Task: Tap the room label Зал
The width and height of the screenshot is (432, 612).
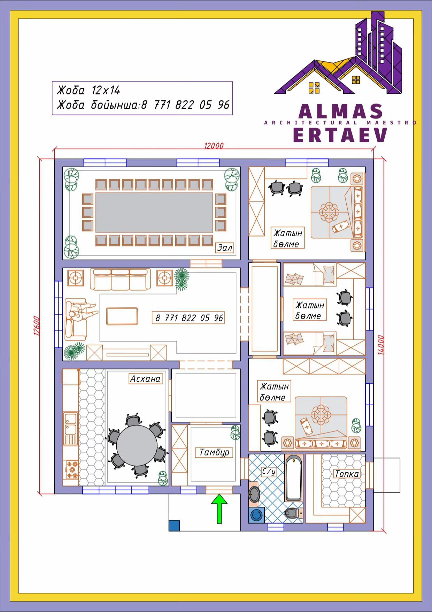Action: coord(225,247)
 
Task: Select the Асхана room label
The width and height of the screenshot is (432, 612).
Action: coord(145,379)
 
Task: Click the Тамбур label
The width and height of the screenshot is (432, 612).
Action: coord(214,452)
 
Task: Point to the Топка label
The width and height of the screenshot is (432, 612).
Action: coord(347,474)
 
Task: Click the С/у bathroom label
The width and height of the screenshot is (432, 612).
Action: coord(269,472)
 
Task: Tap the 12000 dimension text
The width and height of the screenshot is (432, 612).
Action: coord(214,146)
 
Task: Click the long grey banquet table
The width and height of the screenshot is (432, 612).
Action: coord(154,213)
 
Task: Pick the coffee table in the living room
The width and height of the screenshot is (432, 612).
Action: coord(122,316)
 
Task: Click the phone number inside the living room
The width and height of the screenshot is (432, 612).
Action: coord(189,318)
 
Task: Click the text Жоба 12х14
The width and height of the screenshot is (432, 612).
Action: coord(88,91)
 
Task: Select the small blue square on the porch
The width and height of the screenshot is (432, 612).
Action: coord(174,526)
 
